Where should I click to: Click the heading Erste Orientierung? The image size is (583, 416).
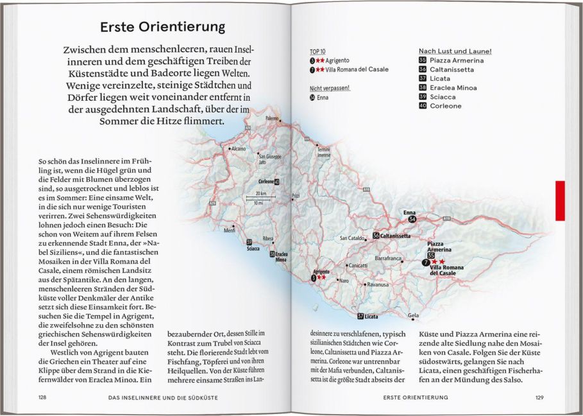point(163,27)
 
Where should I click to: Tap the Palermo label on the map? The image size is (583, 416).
point(273,119)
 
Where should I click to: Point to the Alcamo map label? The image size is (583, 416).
point(238,149)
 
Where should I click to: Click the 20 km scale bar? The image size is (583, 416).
point(260,198)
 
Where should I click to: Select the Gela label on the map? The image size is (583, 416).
point(413,315)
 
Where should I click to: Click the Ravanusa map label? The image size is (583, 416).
point(377,284)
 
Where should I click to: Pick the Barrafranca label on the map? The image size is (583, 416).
point(388,258)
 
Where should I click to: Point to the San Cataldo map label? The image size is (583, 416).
point(352,238)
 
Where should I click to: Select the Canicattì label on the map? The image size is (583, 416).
point(357,265)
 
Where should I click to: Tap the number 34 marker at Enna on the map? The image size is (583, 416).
point(412,220)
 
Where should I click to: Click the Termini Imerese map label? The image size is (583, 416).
point(323,152)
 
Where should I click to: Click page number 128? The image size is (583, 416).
point(42,398)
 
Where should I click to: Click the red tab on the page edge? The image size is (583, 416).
point(560,200)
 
